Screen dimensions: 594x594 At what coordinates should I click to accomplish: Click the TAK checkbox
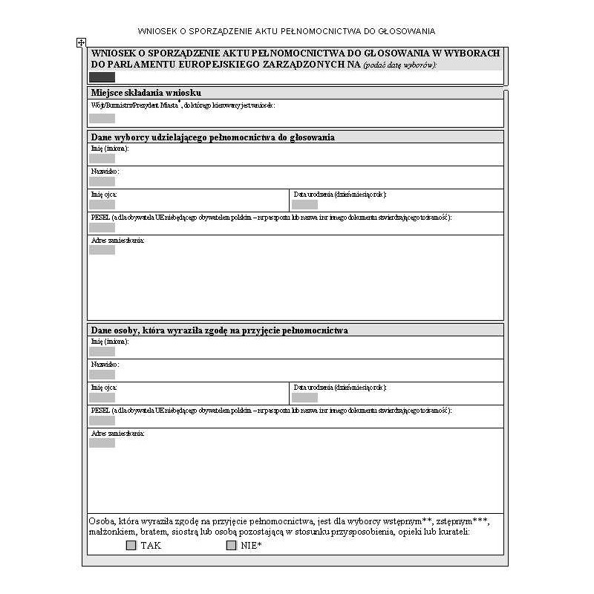[131, 545]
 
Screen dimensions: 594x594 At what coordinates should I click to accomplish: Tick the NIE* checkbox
[231, 545]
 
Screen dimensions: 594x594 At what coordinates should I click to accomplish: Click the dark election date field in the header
[102, 77]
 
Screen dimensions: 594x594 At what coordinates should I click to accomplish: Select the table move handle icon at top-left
[82, 43]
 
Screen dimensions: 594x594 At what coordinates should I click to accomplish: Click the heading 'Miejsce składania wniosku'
[146, 93]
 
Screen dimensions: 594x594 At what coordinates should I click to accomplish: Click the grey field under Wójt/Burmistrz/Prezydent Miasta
[102, 118]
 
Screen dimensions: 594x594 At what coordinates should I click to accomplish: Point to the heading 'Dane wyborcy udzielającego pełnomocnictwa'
[212, 137]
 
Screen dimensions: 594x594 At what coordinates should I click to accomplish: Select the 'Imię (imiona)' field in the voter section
[102, 158]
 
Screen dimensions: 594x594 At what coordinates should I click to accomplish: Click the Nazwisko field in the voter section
[102, 181]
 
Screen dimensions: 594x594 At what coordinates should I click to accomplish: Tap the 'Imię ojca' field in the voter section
[102, 204]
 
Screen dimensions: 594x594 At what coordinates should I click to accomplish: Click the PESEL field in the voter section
[102, 227]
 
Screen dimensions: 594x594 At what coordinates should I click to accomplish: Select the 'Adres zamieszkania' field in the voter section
[102, 250]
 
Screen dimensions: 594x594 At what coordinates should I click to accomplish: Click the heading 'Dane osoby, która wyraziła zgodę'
[219, 330]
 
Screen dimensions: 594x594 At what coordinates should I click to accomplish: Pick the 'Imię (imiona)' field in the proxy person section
[102, 351]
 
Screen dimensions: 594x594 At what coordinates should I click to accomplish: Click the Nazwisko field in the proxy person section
[102, 374]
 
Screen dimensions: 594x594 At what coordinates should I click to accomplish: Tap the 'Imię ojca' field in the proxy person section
[102, 397]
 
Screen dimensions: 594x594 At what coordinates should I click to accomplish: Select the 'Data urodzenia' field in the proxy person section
[304, 397]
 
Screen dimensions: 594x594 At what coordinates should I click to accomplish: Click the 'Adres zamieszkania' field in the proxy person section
[102, 443]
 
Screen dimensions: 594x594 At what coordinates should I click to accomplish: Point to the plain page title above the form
[287, 31]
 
